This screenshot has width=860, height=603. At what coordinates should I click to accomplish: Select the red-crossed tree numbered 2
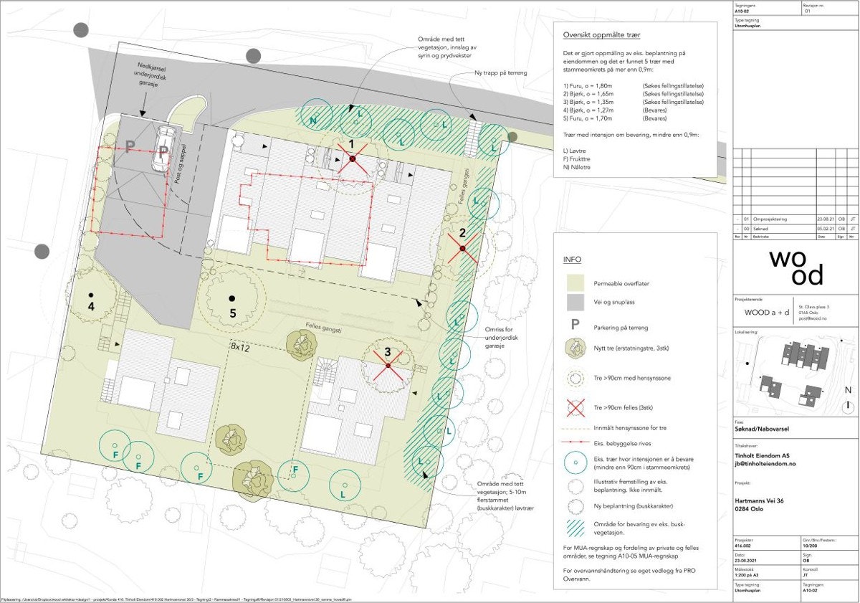click(x=462, y=248)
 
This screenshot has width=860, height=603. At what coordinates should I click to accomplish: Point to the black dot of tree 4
click(x=91, y=295)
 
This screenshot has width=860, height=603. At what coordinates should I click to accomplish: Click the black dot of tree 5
click(x=231, y=298)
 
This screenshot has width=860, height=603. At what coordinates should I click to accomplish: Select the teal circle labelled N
click(x=313, y=121)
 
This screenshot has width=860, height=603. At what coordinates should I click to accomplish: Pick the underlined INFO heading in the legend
click(x=572, y=260)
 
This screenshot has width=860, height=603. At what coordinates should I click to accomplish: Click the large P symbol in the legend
click(x=574, y=325)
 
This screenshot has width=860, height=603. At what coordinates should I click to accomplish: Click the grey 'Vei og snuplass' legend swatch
click(x=575, y=301)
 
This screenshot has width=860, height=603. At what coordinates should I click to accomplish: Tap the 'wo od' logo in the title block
click(x=795, y=267)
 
